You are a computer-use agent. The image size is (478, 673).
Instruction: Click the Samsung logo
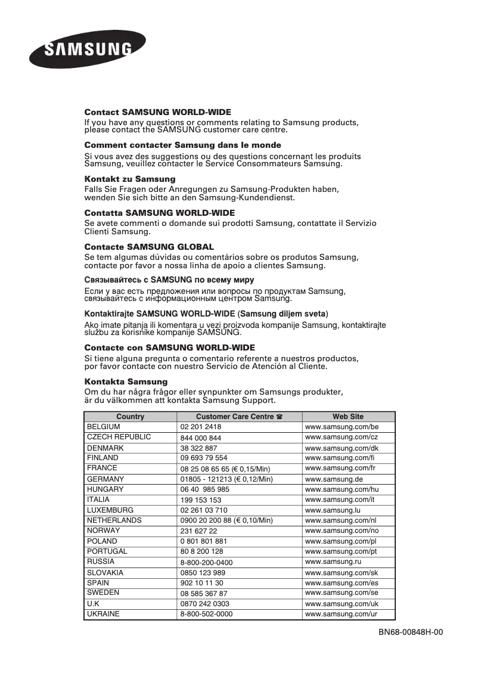click(88, 49)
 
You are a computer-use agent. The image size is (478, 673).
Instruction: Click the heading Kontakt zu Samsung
click(130, 179)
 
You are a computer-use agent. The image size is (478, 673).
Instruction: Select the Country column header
click(131, 417)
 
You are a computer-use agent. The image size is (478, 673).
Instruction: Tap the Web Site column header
click(348, 417)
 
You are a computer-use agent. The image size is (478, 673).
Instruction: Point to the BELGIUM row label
click(104, 427)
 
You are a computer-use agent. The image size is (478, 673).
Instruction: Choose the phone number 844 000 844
click(201, 438)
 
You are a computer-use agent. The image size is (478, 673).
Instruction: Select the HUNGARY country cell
click(105, 489)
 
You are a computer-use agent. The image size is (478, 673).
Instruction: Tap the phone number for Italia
click(201, 500)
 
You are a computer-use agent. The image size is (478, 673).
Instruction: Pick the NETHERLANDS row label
click(114, 520)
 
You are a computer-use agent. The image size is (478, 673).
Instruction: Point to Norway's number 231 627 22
click(199, 531)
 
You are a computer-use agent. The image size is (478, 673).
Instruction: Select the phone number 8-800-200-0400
click(206, 562)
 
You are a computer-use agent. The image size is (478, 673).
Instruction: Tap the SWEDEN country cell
click(103, 593)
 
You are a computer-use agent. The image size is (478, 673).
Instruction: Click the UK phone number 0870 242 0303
click(204, 604)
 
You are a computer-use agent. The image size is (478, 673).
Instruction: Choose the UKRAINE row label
click(103, 614)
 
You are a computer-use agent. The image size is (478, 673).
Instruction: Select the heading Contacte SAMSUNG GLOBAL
click(149, 246)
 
